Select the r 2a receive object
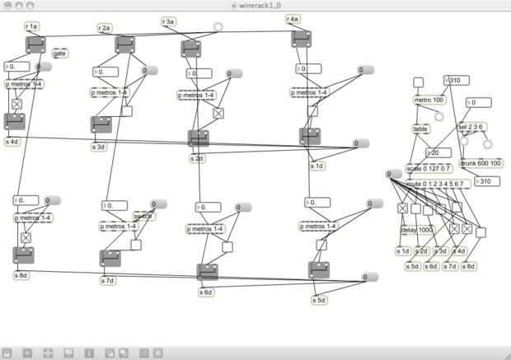click(x=105, y=28)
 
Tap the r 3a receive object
click(x=168, y=21)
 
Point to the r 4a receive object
click(x=293, y=19)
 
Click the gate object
click(x=60, y=54)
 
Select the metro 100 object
click(x=428, y=101)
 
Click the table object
click(x=421, y=129)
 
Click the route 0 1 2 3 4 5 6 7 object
click(x=438, y=183)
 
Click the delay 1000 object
click(x=416, y=230)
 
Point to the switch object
click(x=144, y=217)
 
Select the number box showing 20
click(x=438, y=152)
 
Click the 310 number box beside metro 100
click(x=457, y=80)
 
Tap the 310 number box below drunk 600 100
click(x=488, y=181)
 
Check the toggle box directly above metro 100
click(x=418, y=82)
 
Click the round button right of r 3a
click(x=218, y=26)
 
